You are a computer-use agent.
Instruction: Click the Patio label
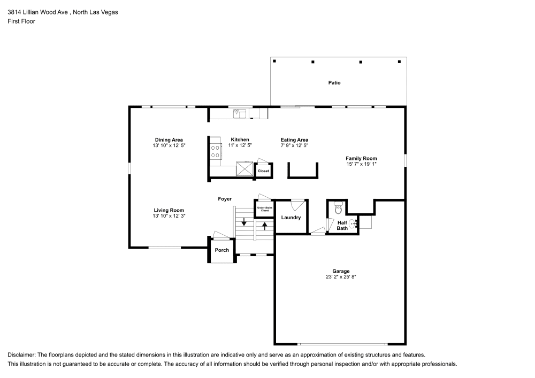pos(334,83)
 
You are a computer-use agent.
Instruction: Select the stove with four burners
pos(216,151)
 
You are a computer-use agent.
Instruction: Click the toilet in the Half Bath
pos(337,206)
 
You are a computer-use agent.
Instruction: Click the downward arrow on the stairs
pos(244,221)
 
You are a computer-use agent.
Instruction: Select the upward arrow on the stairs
pos(264,225)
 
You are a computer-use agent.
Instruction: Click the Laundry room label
pos(291,218)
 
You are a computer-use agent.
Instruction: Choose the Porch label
pos(221,250)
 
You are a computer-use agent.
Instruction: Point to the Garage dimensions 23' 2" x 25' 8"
pos(341,277)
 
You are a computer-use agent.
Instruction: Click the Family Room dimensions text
pos(361,164)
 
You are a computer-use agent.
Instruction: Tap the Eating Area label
pos(294,140)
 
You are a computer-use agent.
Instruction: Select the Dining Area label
pos(169,140)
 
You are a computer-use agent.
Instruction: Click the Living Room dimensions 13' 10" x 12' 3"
pos(169,216)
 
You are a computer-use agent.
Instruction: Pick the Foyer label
pos(225,199)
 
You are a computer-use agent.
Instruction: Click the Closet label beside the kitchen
pos(264,171)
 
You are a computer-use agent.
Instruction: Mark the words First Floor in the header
pos(21,21)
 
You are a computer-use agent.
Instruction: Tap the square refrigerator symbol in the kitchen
pos(246,169)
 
